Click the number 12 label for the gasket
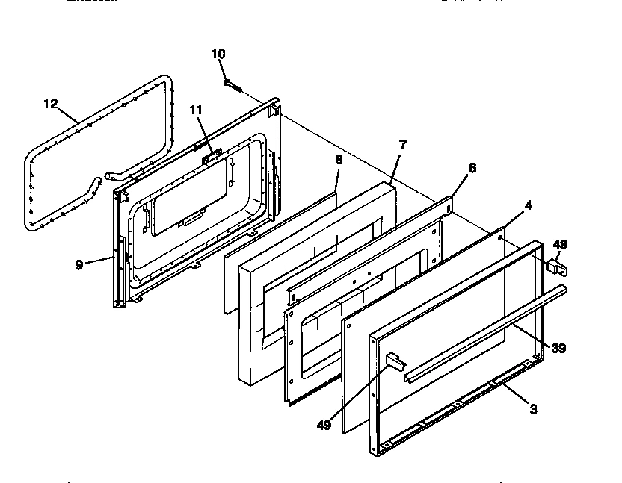50,104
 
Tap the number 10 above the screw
218,54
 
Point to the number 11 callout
196,109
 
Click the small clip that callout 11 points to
211,154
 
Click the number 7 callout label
402,144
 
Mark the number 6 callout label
472,169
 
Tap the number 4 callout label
528,205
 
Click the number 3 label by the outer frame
533,408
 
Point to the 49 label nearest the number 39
560,244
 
